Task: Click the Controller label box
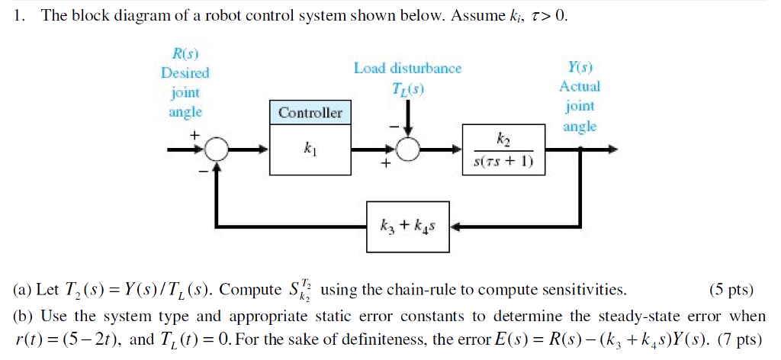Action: tap(310, 113)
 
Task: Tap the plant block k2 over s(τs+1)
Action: tap(504, 150)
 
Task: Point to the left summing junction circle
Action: tap(218, 150)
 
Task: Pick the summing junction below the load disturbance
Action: tap(410, 150)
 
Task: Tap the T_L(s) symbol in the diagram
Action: tap(409, 88)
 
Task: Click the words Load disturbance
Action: tap(407, 69)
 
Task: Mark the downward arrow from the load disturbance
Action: tap(410, 118)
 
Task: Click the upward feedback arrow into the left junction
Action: tap(218, 179)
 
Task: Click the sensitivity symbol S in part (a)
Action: tap(291, 291)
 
